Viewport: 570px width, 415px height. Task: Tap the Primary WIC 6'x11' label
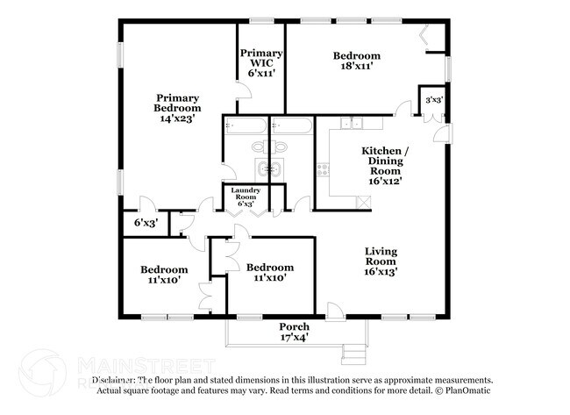262,63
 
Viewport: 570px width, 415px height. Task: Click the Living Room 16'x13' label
381,261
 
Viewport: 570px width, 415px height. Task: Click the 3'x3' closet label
433,100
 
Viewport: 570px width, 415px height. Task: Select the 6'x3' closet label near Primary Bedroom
145,224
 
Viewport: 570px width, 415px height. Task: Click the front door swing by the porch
333,309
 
